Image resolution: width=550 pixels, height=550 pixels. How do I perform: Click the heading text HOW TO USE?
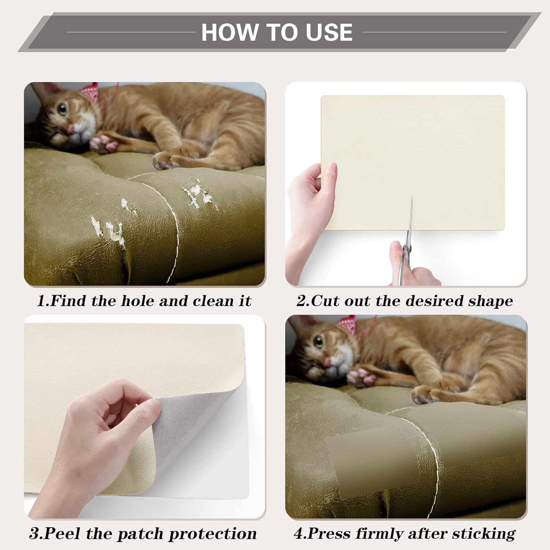pos(277,32)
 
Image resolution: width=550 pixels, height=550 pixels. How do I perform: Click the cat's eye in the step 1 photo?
pos(63,109)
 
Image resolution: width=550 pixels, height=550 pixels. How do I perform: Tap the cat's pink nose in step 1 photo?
pos(72,129)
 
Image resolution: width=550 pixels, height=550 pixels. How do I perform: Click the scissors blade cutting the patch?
pos(410,216)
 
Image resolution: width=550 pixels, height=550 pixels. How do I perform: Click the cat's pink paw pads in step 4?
pos(361,378)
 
